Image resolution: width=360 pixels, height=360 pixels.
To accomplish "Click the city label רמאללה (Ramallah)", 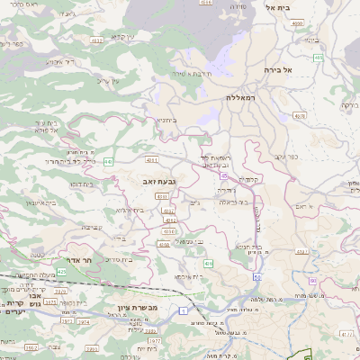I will coord(242,96).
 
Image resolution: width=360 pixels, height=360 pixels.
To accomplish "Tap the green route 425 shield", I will coord(62,270).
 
